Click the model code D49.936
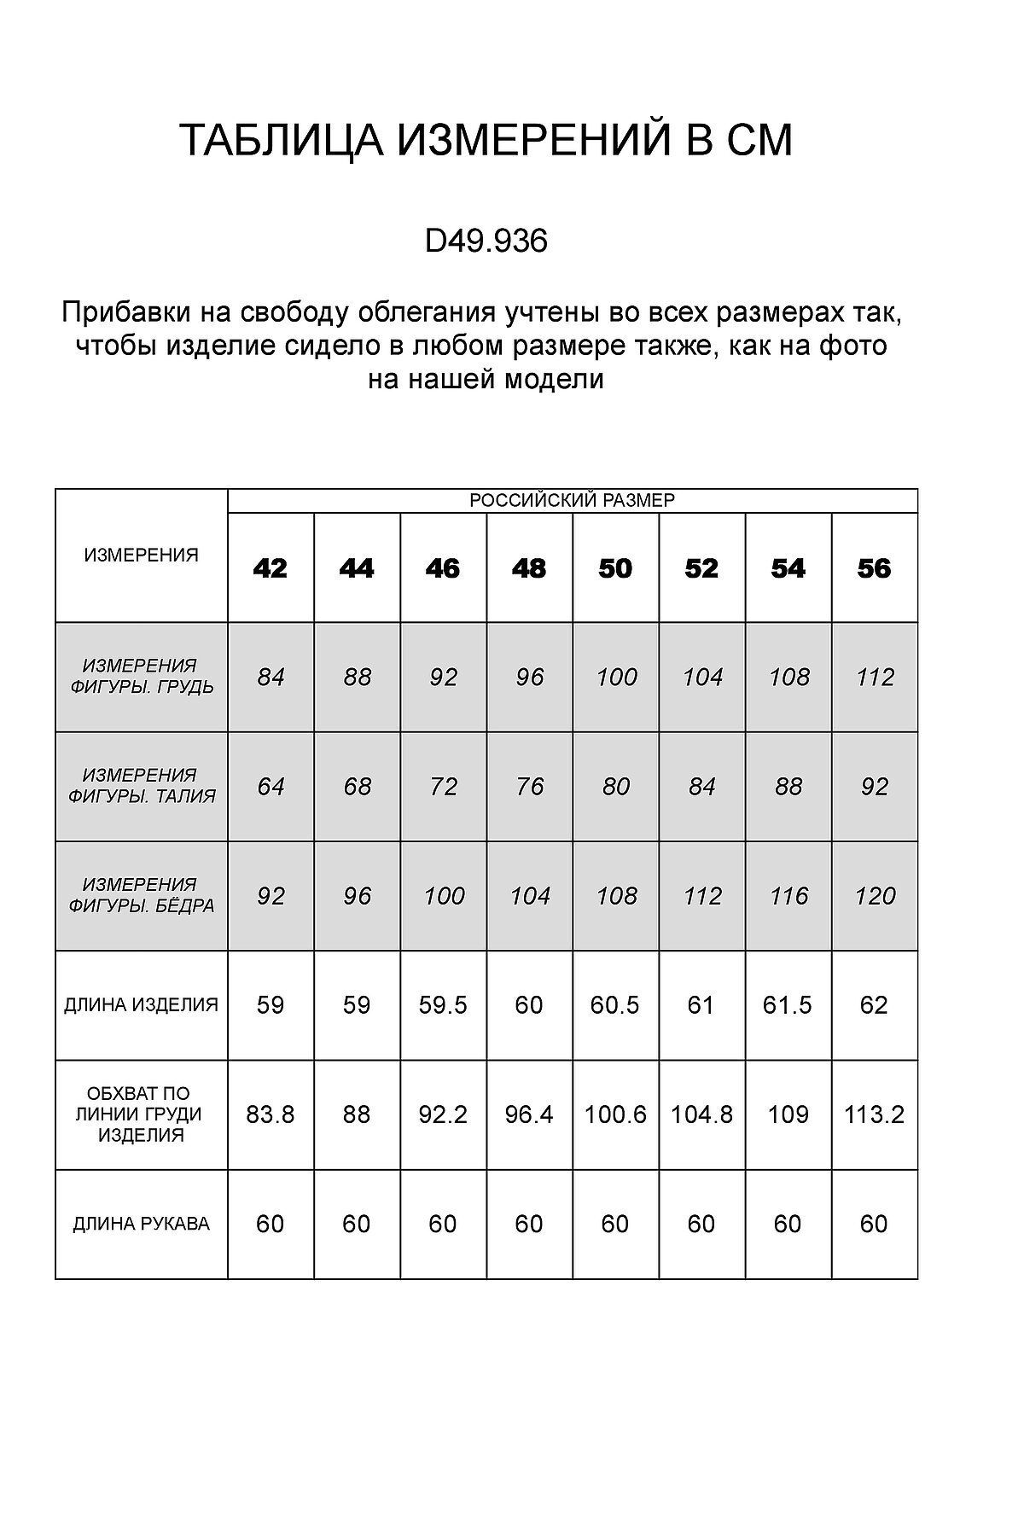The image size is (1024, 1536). tap(486, 241)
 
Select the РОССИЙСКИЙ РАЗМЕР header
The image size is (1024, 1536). tap(572, 501)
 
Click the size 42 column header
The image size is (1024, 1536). tap(271, 568)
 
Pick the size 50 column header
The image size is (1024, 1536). tap(615, 568)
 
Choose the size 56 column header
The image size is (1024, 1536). tap(874, 568)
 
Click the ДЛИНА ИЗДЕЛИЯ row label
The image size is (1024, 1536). tap(142, 1005)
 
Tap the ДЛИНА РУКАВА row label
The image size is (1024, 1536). tap(142, 1225)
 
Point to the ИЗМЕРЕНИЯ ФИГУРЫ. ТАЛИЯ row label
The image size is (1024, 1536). tap(142, 786)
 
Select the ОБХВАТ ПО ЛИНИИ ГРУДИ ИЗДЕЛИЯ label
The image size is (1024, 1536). tap(142, 1114)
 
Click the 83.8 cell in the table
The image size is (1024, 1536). tap(271, 1114)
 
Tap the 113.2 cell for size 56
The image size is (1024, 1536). tap(874, 1114)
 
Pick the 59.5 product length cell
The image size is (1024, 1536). tap(443, 1005)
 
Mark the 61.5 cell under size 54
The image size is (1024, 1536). tap(788, 1005)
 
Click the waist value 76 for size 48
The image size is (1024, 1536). tap(529, 786)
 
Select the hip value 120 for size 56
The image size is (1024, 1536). tap(874, 896)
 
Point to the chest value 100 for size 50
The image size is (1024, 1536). tap(615, 678)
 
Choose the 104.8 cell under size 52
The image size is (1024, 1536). tap(701, 1114)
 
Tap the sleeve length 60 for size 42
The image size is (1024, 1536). tap(271, 1225)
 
